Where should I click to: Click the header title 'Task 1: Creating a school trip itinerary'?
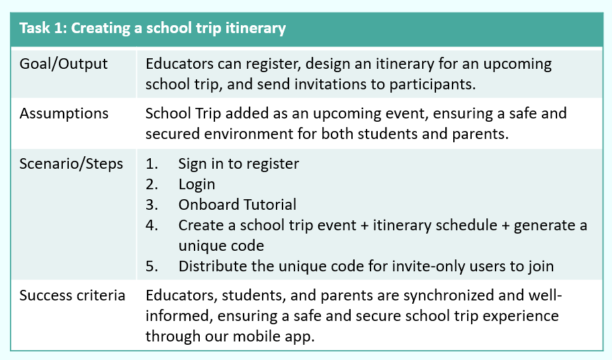click(153, 28)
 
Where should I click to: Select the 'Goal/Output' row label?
click(64, 64)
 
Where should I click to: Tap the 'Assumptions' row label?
click(64, 114)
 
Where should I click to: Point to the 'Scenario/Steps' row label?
click(71, 164)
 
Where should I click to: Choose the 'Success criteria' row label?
click(73, 296)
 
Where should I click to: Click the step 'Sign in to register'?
click(238, 164)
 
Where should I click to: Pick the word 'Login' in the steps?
click(197, 185)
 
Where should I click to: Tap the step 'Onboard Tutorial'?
click(238, 204)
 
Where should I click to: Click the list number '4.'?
click(152, 225)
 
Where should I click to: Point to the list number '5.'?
click(152, 266)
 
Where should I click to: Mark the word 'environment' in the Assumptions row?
click(248, 134)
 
